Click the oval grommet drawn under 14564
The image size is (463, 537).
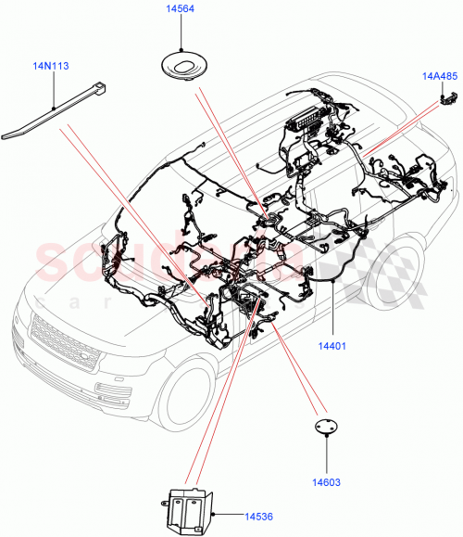point(185,68)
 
